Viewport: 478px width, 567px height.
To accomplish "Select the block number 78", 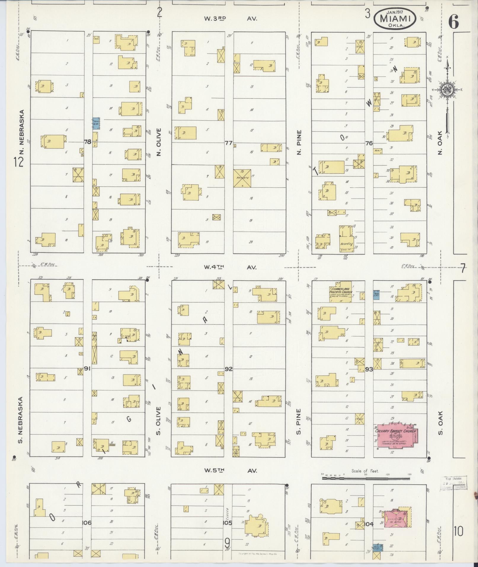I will point(87,142).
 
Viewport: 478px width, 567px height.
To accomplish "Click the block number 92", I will point(228,369).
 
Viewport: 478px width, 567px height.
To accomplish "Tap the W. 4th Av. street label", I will point(230,267).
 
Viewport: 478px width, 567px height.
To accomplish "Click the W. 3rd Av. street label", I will point(230,18).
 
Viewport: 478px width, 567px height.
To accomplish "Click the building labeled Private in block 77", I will point(242,178).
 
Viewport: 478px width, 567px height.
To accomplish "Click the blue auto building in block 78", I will point(95,123).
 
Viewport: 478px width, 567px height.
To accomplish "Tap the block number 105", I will point(227,523).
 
